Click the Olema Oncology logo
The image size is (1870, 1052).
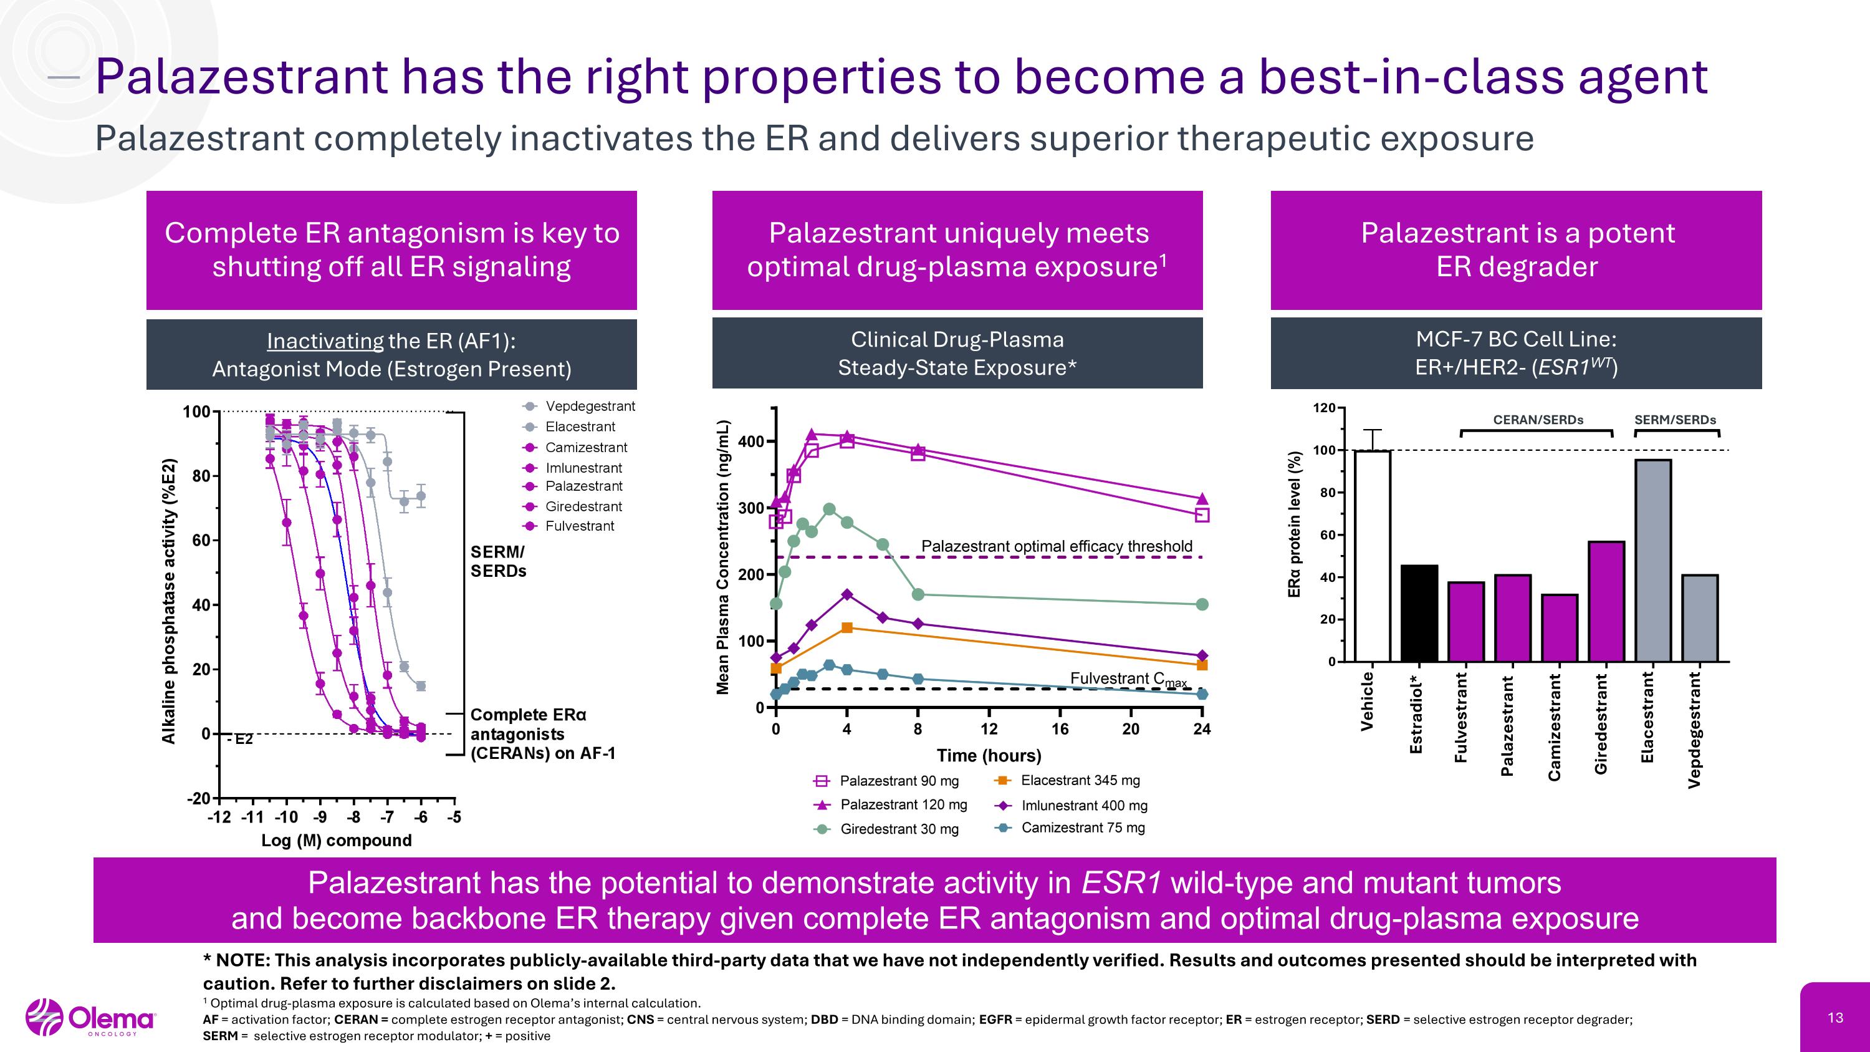pos(91,1018)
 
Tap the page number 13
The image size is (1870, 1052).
pos(1835,1018)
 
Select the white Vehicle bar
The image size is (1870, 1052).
pos(1372,556)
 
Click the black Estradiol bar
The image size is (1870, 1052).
pos(1419,613)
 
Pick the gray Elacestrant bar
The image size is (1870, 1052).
pos(1653,560)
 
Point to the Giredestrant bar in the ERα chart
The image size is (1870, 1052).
pos(1606,601)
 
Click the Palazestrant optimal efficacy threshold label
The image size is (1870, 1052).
pos(1056,546)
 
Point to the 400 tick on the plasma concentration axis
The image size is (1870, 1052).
pos(750,442)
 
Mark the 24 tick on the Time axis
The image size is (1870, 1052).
pos(1201,729)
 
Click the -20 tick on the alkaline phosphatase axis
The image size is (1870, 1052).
pos(199,799)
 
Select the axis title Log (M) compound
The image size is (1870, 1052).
pos(336,840)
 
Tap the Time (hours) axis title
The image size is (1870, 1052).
pos(989,756)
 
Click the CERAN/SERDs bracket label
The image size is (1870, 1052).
pos(1538,420)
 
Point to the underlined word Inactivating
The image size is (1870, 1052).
pos(325,340)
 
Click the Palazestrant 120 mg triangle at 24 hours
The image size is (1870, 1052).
pos(1201,499)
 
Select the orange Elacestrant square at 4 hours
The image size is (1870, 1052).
pos(846,627)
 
